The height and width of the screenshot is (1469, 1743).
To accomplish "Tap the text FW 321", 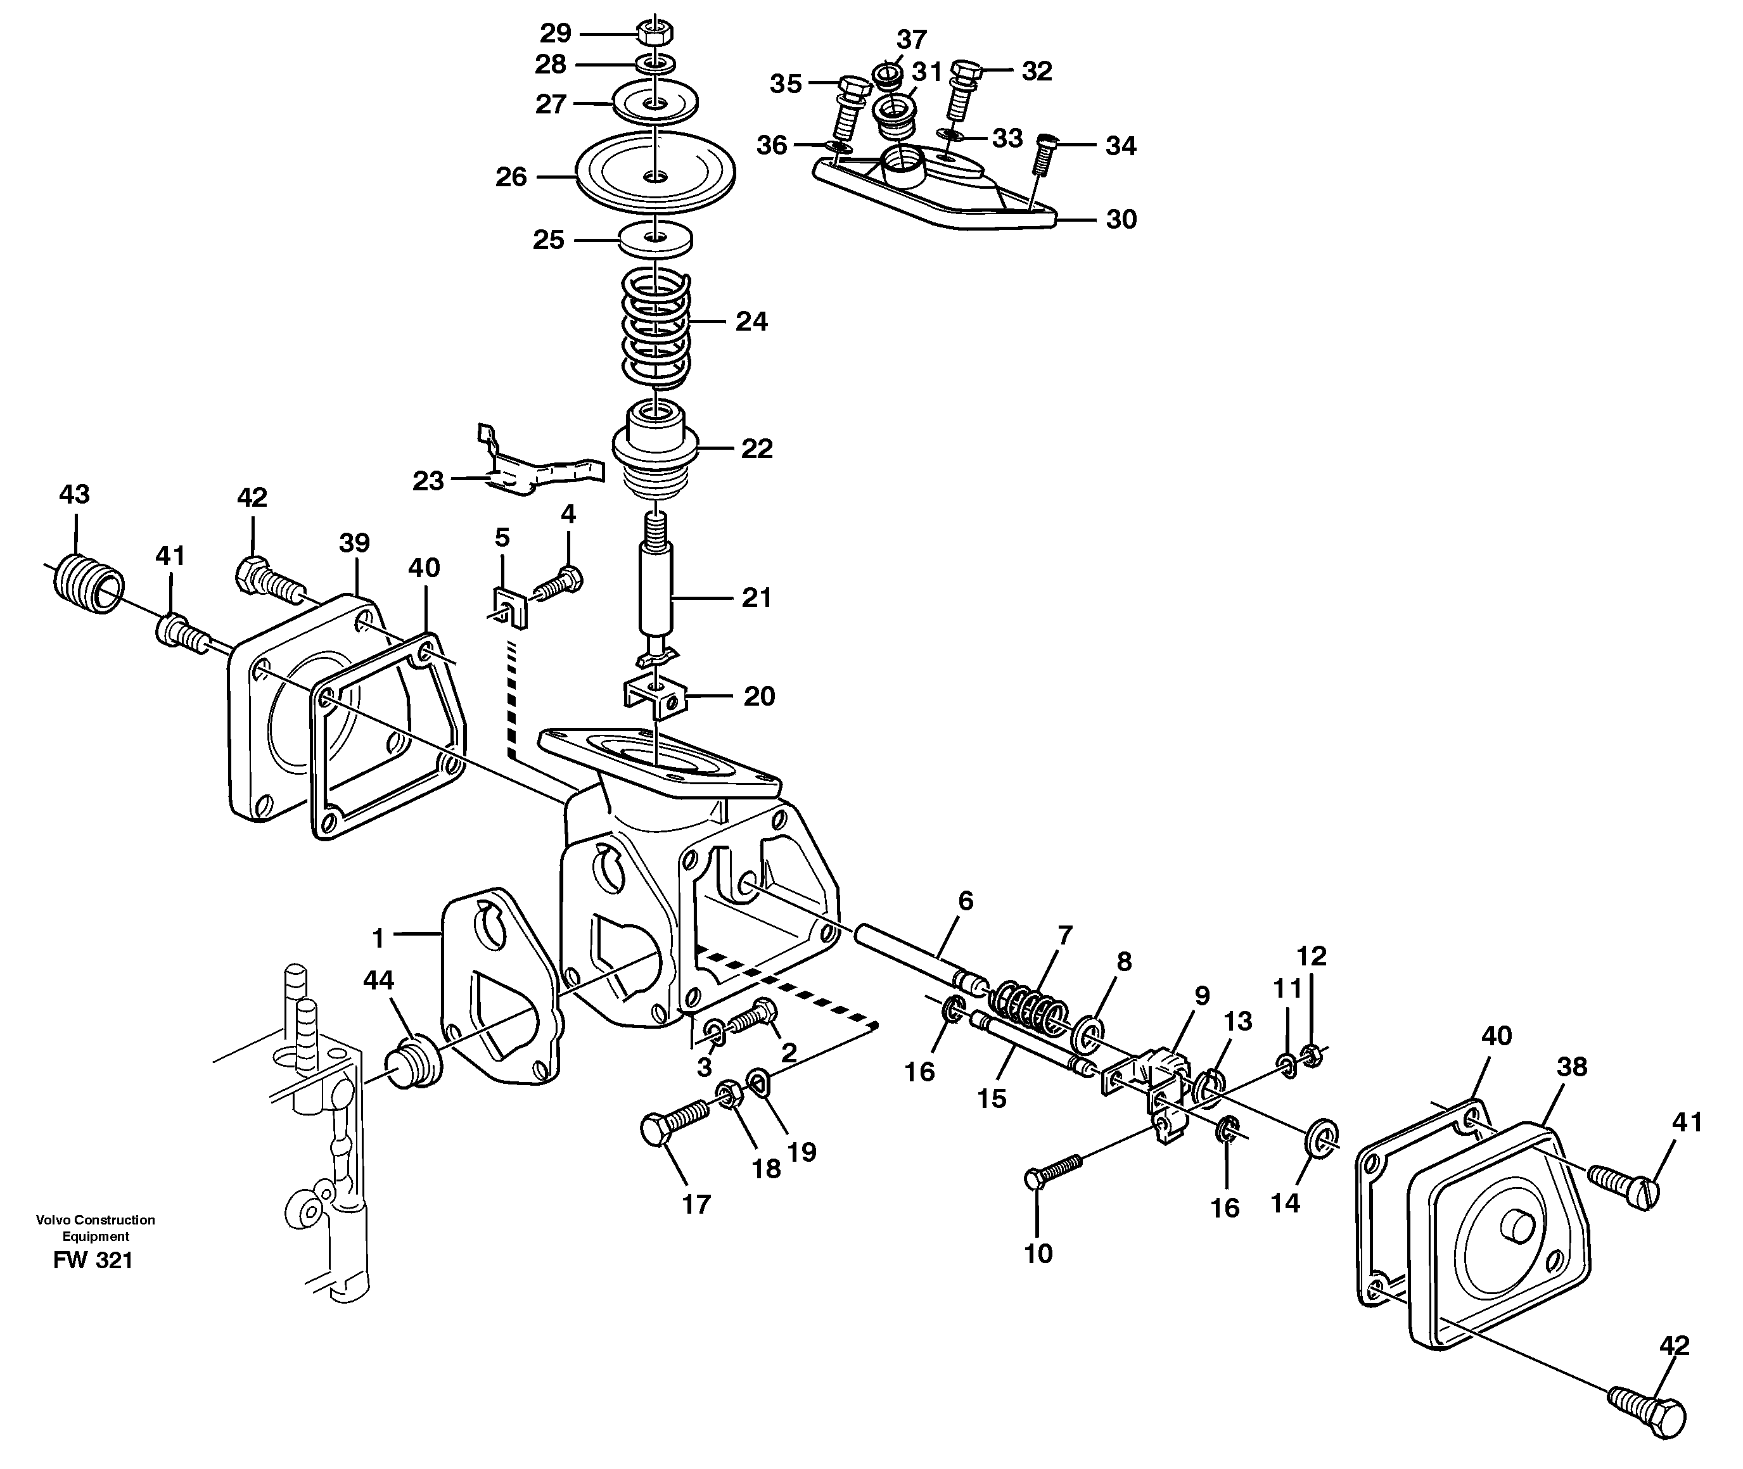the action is coord(93,1261).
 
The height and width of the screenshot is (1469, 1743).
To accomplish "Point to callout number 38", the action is coord(1571,1066).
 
